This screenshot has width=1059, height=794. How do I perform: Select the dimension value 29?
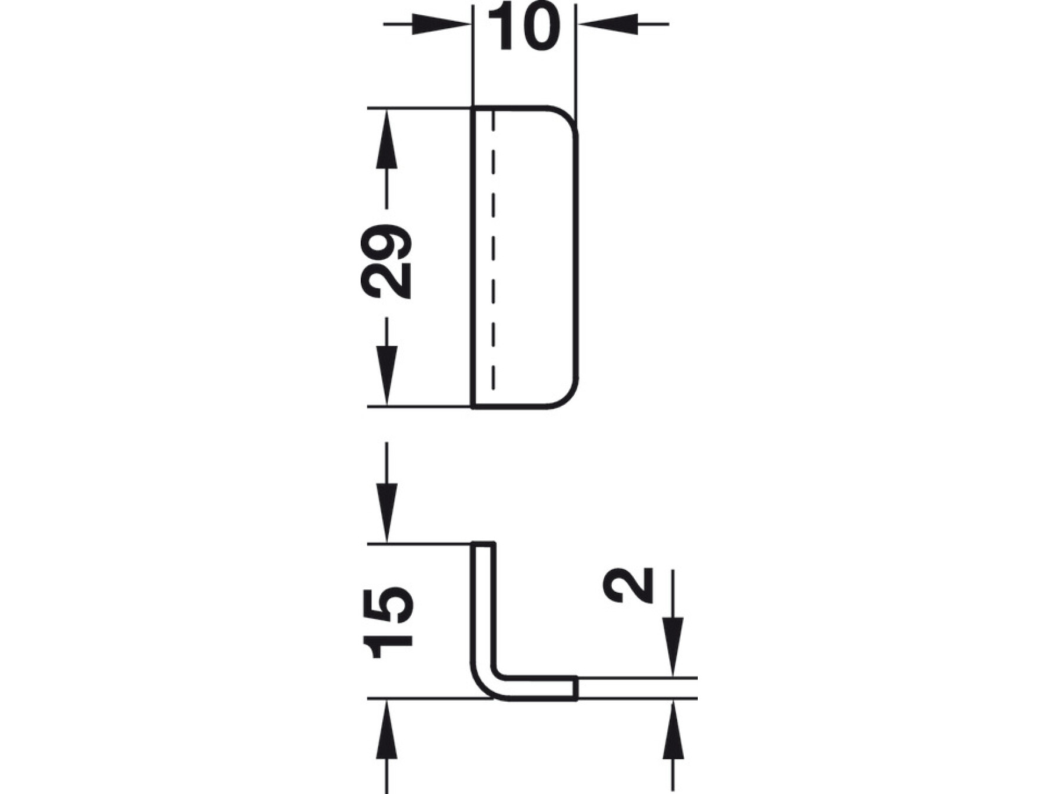386,261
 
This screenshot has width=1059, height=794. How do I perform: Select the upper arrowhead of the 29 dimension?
386,138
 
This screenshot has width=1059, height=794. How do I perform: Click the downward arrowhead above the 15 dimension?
386,512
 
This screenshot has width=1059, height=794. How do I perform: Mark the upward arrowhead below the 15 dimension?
386,730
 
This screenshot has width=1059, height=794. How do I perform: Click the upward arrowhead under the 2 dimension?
673,730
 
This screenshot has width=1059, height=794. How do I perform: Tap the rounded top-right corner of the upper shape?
568,117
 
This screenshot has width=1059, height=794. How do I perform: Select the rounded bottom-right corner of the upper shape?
568,398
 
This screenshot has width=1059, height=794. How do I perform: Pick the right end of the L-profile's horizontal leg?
575,688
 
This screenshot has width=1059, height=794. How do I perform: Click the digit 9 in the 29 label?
386,242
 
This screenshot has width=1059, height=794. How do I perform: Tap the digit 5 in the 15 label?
388,604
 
